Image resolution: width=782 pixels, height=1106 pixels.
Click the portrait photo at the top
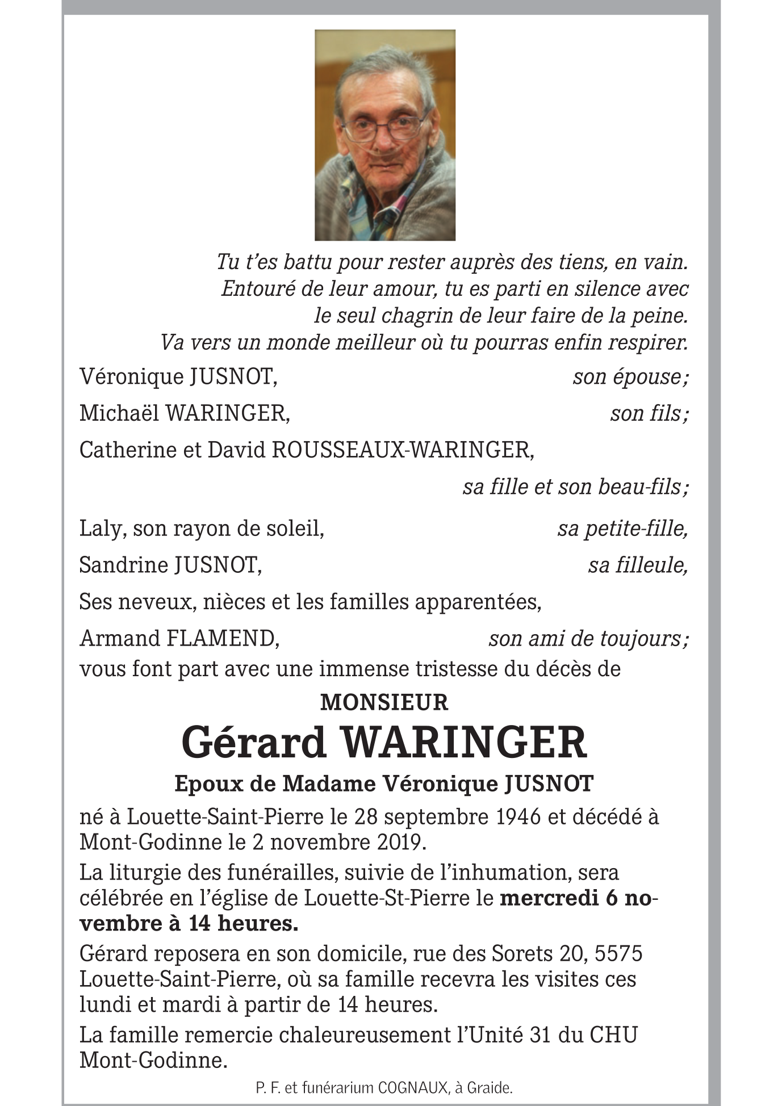pyautogui.click(x=385, y=135)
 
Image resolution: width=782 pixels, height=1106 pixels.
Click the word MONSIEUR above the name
pyautogui.click(x=384, y=703)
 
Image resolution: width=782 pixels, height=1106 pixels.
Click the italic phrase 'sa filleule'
pyautogui.click(x=637, y=565)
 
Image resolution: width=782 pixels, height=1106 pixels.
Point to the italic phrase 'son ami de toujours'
pyautogui.click(x=587, y=639)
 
